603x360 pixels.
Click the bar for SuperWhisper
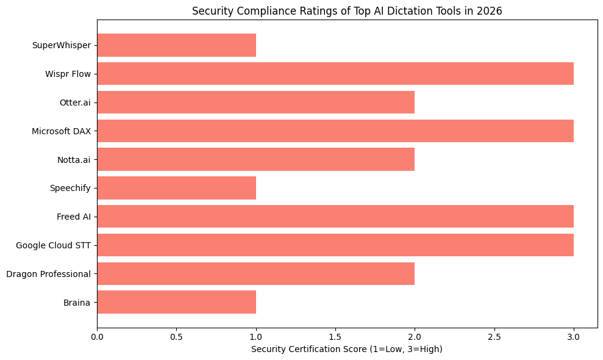pos(176,45)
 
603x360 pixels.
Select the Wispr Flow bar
pos(335,74)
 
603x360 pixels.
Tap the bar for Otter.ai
pos(255,103)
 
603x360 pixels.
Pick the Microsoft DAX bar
pos(335,131)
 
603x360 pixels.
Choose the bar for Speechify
pos(176,188)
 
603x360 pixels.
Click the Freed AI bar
pos(335,217)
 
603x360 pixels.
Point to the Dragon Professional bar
pos(255,274)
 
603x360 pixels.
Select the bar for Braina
pos(176,302)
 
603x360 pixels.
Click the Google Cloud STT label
pos(53,245)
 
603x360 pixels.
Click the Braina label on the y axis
pos(77,303)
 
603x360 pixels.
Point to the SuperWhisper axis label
pos(61,45)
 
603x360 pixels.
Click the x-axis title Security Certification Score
pos(346,349)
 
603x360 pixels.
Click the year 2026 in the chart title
pos(491,11)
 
